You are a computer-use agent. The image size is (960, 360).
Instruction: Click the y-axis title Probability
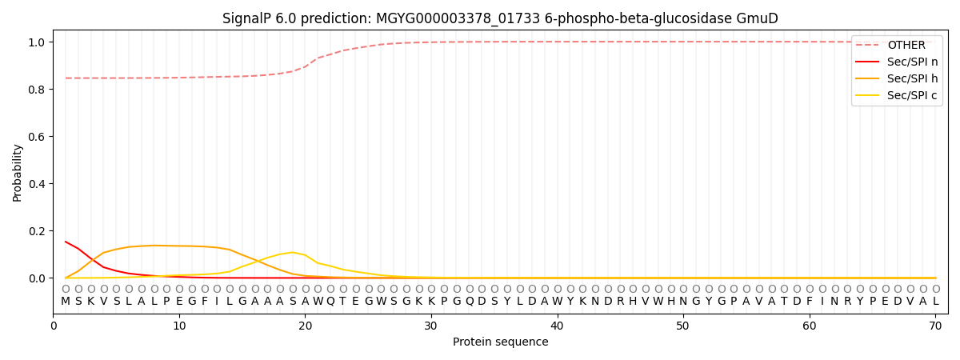point(18,172)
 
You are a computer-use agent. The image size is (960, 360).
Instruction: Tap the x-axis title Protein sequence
point(501,342)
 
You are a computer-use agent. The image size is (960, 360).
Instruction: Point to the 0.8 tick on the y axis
point(38,90)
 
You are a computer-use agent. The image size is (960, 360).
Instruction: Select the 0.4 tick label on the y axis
point(38,184)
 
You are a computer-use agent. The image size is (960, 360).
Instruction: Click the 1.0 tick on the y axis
point(38,42)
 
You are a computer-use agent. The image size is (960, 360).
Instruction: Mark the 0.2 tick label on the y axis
point(38,231)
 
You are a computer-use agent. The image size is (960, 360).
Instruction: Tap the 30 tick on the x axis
point(431,326)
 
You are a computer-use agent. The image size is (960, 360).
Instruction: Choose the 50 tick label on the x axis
point(683,326)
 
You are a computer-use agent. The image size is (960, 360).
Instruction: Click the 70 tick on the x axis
point(935,326)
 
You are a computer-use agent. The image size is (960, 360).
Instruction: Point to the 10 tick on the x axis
point(179,326)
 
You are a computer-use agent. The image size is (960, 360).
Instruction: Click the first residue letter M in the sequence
point(66,302)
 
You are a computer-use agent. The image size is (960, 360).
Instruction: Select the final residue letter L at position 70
point(935,302)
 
